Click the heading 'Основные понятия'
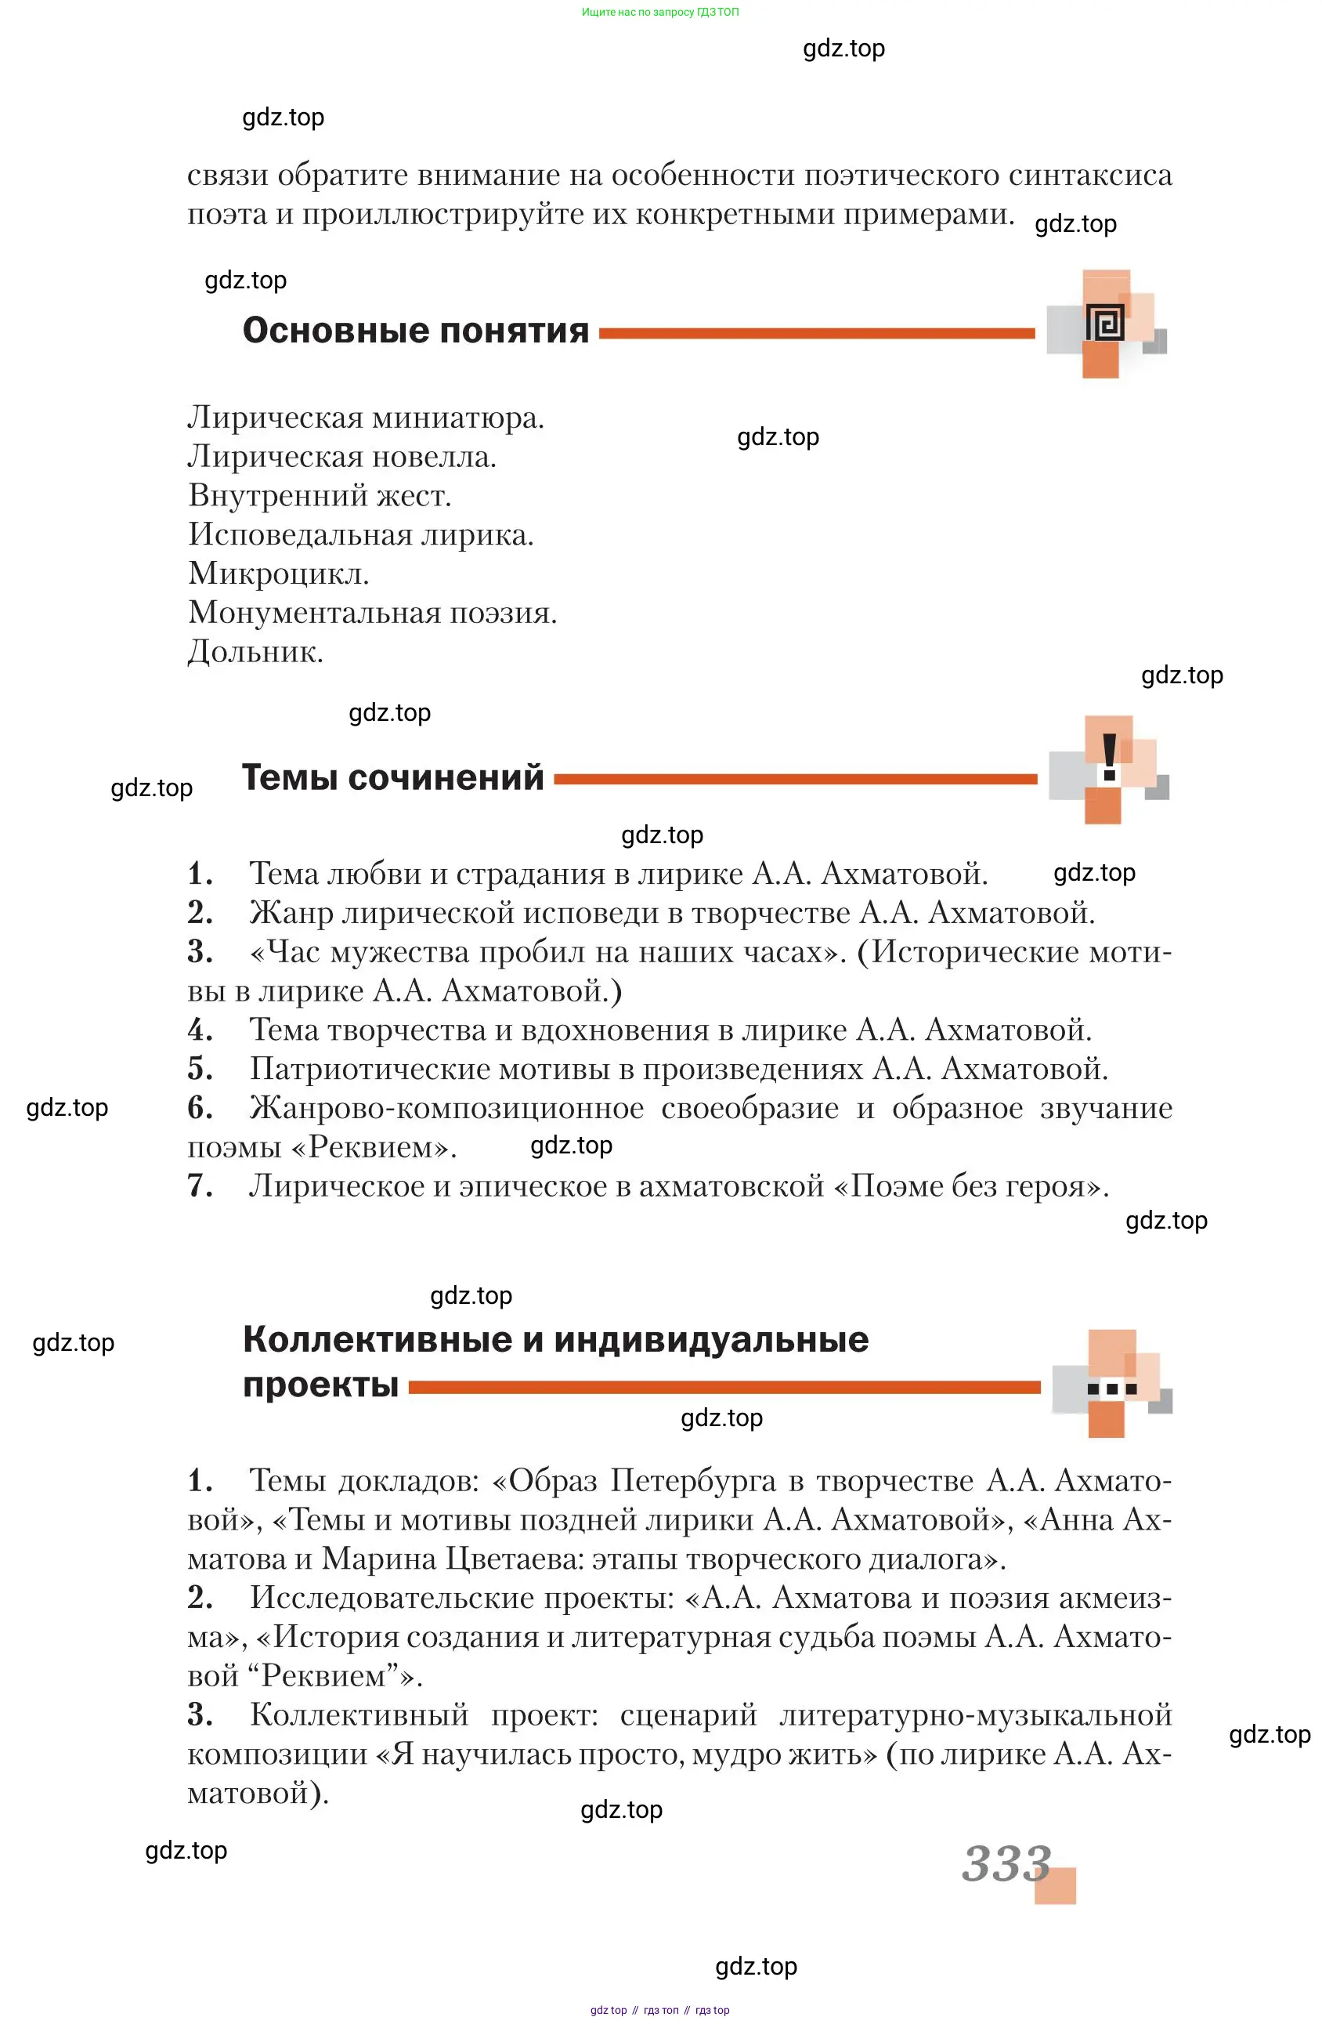(x=415, y=331)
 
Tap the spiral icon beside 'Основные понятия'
(x=1104, y=324)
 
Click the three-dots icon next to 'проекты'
(x=1111, y=1389)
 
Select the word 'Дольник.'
(x=255, y=651)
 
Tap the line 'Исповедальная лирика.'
(x=360, y=534)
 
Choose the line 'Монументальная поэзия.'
(x=372, y=612)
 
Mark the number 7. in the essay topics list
(x=200, y=1186)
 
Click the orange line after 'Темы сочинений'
(x=794, y=779)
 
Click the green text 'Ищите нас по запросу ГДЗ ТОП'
(x=659, y=12)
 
